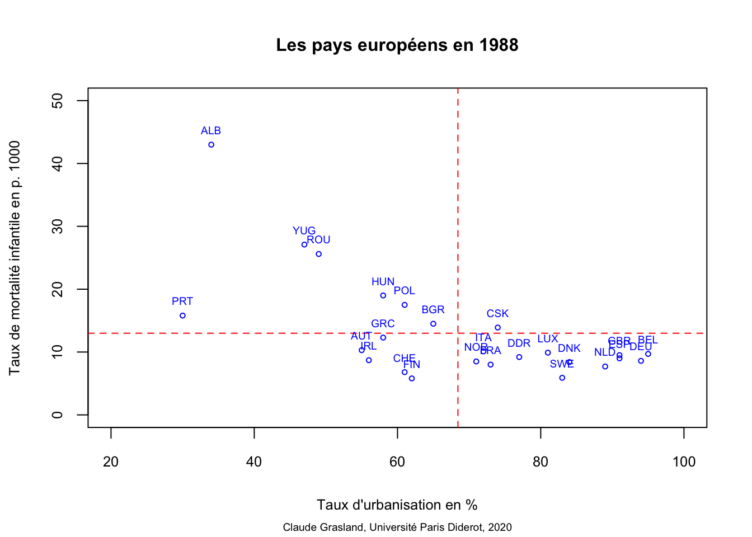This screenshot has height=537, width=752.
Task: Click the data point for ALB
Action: [x=211, y=145]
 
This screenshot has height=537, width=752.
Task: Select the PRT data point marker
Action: [x=182, y=315]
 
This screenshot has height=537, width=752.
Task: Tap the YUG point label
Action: [x=304, y=231]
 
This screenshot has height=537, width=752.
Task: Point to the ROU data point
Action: [x=318, y=254]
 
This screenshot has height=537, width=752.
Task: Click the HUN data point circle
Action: [x=383, y=295]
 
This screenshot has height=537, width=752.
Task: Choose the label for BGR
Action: [x=433, y=310]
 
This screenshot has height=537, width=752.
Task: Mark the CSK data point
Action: [x=497, y=328]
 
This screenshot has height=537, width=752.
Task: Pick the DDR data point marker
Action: [x=519, y=357]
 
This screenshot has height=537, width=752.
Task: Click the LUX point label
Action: [x=547, y=339]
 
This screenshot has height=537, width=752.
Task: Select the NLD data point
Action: [x=605, y=366]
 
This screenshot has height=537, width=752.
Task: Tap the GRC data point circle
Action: [x=383, y=337]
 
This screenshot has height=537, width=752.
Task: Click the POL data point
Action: [x=405, y=305]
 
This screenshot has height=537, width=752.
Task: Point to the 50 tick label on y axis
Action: [x=57, y=101]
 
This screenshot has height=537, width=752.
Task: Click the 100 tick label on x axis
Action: [x=684, y=462]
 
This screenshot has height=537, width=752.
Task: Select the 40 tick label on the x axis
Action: [x=254, y=462]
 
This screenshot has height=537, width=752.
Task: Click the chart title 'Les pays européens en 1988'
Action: [x=397, y=45]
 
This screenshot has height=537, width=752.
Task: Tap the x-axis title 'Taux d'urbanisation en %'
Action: [x=397, y=505]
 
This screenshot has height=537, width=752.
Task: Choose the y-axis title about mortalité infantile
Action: [x=15, y=257]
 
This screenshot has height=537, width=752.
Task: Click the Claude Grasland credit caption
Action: [x=397, y=527]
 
